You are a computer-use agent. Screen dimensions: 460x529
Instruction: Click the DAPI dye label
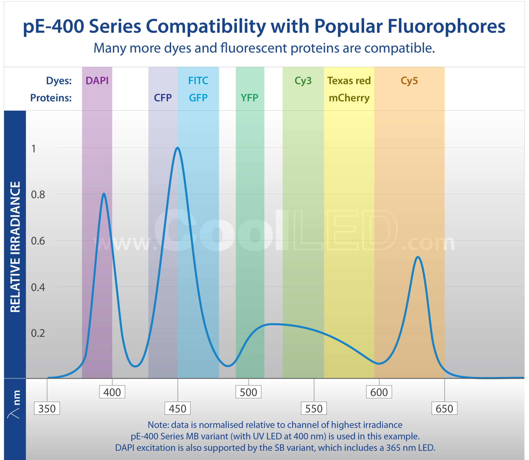point(97,81)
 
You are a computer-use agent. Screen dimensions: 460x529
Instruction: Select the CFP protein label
point(163,98)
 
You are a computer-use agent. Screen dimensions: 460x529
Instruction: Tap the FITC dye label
point(198,81)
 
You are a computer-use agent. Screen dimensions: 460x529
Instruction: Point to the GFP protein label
point(198,98)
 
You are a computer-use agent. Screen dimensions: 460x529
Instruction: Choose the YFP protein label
point(249,98)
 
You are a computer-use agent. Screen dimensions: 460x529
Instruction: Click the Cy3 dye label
point(303,81)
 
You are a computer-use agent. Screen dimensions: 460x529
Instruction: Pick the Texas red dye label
point(349,81)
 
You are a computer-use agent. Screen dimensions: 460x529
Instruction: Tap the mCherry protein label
point(349,98)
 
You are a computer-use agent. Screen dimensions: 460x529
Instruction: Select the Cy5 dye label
point(409,81)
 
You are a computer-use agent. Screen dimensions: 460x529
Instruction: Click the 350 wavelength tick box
point(47,408)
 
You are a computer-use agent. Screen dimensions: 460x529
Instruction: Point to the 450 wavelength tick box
point(178,408)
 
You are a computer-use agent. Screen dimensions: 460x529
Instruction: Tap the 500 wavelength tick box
point(248,392)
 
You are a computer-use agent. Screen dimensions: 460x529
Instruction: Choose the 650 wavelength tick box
point(444,408)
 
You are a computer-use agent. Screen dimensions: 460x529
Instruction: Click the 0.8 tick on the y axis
point(38,195)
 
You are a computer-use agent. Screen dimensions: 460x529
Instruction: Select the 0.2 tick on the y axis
point(38,333)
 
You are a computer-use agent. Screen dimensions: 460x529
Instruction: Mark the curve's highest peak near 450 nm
point(178,148)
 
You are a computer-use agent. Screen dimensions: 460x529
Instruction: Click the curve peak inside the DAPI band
point(104,194)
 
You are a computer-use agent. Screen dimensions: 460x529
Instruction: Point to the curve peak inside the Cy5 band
point(418,257)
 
